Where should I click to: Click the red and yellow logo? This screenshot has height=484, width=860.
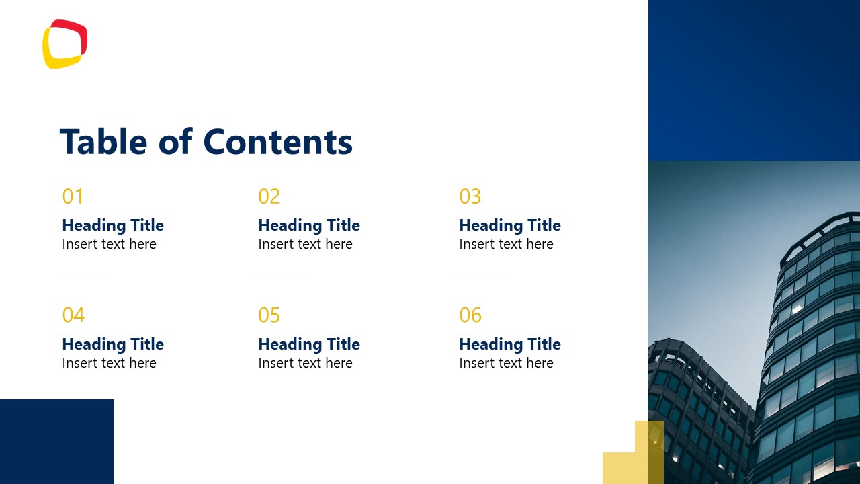click(x=65, y=44)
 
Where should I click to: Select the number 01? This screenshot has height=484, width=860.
click(x=73, y=196)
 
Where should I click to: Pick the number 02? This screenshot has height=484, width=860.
click(x=269, y=196)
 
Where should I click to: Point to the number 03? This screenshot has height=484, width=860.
click(x=470, y=196)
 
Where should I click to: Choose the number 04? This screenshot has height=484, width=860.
click(x=73, y=315)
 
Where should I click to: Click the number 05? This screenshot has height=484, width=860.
click(x=269, y=315)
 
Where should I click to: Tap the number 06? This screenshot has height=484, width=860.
click(x=470, y=315)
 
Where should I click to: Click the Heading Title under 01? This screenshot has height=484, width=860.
click(x=113, y=225)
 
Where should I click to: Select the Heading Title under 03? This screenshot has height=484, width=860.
click(x=509, y=225)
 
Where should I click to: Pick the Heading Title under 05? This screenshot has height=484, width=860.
click(x=308, y=344)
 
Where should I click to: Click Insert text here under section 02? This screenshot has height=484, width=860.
click(x=305, y=244)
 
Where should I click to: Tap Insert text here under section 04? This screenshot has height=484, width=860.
click(x=109, y=363)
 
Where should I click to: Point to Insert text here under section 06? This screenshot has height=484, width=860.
click(x=506, y=363)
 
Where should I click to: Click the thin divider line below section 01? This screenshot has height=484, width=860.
click(x=83, y=278)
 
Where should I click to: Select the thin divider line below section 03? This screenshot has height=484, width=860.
click(x=478, y=278)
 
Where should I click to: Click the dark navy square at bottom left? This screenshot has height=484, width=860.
click(x=56, y=442)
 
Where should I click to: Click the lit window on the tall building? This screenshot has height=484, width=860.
click(x=798, y=308)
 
